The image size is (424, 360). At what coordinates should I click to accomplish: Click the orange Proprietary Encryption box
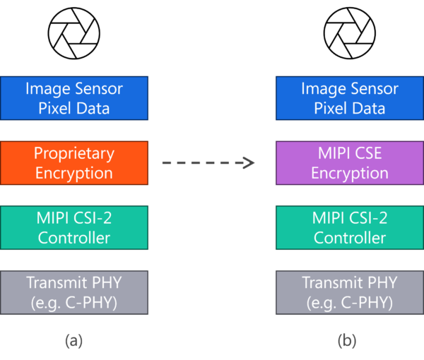[74, 162]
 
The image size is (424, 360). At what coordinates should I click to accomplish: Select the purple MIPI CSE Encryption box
[350, 162]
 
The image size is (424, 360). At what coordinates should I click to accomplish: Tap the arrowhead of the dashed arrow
[249, 163]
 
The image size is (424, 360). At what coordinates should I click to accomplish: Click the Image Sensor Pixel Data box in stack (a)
[74, 98]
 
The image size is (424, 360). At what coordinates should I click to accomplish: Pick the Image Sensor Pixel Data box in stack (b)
[350, 98]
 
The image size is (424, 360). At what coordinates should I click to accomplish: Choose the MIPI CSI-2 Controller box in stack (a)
[74, 227]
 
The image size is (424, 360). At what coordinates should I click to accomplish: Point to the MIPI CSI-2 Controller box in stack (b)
[350, 227]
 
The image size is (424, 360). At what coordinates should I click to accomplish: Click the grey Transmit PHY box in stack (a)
[74, 292]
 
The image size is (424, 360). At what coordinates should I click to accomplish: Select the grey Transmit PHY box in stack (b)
[350, 292]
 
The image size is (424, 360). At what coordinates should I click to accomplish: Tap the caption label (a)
[74, 341]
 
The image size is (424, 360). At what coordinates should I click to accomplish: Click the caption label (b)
[347, 341]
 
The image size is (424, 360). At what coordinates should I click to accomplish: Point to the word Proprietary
[74, 153]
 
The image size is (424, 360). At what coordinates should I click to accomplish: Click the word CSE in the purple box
[366, 153]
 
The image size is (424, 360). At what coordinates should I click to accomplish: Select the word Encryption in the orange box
[74, 173]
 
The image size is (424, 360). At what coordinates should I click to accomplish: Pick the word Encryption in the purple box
[350, 173]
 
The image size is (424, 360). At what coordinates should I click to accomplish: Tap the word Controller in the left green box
[74, 238]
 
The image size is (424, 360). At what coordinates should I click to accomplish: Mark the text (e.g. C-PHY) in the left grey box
[74, 303]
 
